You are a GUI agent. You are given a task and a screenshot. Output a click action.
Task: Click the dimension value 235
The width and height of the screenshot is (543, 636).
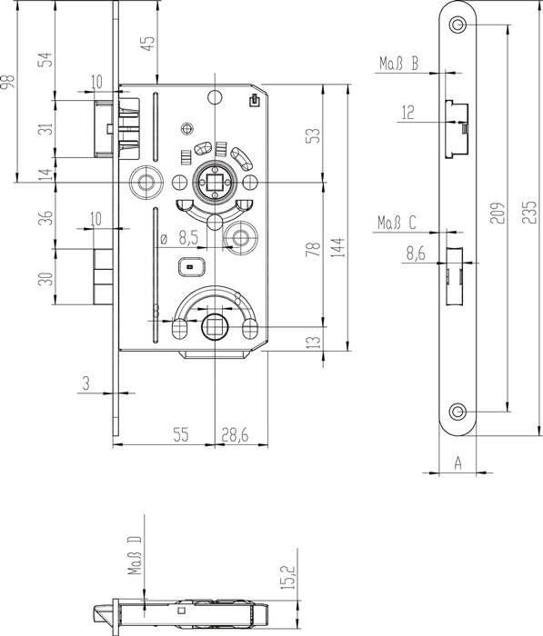[x=528, y=212]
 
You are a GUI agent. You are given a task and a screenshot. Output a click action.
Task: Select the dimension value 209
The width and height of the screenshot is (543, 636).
[x=498, y=212]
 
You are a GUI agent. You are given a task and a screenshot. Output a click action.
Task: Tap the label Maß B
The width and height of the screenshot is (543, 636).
[x=398, y=64]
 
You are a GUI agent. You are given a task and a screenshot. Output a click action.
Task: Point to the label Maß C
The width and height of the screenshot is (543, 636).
[x=397, y=223]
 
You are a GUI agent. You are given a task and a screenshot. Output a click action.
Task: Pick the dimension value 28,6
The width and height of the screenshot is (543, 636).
[x=235, y=435]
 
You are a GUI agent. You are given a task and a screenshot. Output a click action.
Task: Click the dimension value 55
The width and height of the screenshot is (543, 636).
[x=181, y=435]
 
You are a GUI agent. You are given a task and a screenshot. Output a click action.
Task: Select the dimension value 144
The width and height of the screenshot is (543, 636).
[x=338, y=247]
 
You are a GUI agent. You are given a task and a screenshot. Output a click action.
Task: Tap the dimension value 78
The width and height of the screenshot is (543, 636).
[x=313, y=249]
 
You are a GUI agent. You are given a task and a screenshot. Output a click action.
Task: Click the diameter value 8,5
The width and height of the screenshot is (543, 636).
[x=188, y=238]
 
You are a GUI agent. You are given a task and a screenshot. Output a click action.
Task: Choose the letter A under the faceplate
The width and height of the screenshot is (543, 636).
[x=458, y=462]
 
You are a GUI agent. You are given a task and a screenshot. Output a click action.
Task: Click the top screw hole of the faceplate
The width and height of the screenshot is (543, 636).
[x=458, y=25]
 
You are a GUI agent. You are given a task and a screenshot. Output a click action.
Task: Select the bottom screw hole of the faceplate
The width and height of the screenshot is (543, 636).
[x=458, y=412]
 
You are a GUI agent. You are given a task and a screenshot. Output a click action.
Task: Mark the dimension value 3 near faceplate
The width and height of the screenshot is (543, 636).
[x=86, y=383]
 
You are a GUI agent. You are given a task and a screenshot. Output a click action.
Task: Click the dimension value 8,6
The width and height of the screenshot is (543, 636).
[x=415, y=253]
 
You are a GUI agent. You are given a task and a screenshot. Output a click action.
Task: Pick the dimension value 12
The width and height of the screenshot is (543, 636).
[x=407, y=113]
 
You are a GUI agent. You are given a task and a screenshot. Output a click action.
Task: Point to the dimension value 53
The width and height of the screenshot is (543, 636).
[x=313, y=136]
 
